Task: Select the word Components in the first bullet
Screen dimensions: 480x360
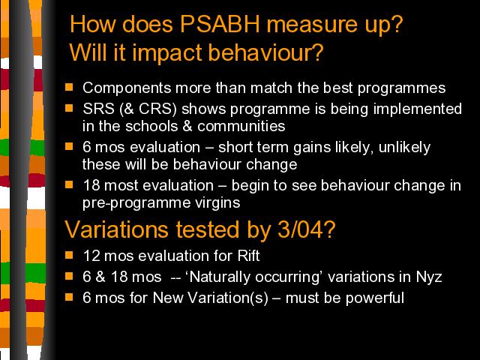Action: point(127,88)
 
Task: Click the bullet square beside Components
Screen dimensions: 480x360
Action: point(69,87)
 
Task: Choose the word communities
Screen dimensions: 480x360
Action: point(241,126)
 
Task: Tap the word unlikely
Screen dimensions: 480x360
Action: point(404,148)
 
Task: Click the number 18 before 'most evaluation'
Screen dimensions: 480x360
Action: point(91,185)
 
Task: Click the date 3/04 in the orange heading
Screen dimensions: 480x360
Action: point(300,229)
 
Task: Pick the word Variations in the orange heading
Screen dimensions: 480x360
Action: point(116,229)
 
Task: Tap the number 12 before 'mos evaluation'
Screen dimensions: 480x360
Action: point(91,256)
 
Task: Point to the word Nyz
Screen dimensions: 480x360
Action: point(429,277)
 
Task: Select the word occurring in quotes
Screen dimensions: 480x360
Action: point(287,277)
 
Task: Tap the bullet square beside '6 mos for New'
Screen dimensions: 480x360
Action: point(69,297)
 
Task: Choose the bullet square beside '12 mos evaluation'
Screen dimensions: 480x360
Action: point(69,255)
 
